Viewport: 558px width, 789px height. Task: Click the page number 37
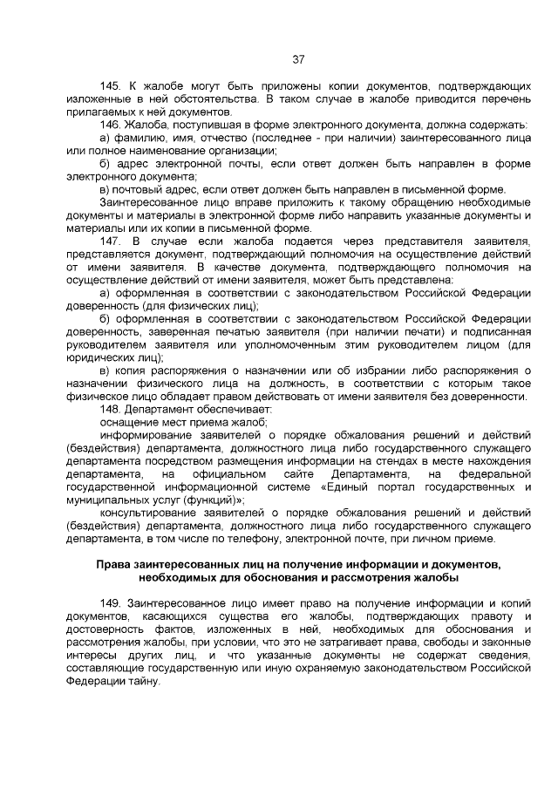point(297,59)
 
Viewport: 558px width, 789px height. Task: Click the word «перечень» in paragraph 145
point(506,100)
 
